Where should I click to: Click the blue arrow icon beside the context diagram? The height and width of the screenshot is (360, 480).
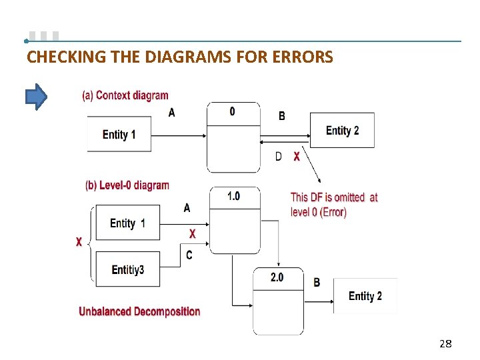coord(36,97)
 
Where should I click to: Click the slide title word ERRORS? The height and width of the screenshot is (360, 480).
coord(303,57)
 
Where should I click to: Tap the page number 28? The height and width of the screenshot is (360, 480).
coord(445,343)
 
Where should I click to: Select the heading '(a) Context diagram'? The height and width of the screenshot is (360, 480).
coord(125,95)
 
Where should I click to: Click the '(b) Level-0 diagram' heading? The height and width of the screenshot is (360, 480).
coord(127,185)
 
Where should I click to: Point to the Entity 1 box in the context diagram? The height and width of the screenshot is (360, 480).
coord(119,135)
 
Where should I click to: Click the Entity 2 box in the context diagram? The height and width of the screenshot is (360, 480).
coord(342,131)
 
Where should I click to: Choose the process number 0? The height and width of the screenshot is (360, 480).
coord(232,111)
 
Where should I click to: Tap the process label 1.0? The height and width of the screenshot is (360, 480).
coord(233,196)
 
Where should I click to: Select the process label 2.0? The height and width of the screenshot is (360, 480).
coord(277,277)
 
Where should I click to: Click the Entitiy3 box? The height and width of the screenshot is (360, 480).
coord(128,269)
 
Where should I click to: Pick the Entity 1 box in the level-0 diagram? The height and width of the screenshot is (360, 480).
coord(128,223)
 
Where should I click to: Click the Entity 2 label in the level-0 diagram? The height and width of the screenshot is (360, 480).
coord(365,296)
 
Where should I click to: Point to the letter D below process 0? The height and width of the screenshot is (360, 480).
coord(279,157)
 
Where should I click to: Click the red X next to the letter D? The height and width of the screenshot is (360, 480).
coord(297,157)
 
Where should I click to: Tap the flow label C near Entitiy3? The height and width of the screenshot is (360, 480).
coord(189,255)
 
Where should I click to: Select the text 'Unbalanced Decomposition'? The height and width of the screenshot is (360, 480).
coord(139,311)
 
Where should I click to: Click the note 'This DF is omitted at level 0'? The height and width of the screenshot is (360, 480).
coord(334,205)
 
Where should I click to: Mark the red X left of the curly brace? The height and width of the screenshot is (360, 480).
coord(79,242)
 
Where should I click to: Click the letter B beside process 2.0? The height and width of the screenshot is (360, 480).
coord(317,282)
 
